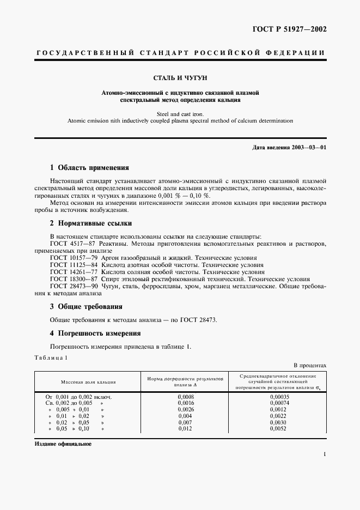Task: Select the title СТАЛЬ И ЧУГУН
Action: click(x=180, y=78)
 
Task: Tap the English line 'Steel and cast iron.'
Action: click(x=180, y=113)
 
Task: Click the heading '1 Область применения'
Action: click(x=89, y=168)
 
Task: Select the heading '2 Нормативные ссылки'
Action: click(x=90, y=223)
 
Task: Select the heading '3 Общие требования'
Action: click(x=86, y=307)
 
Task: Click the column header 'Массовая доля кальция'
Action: click(x=88, y=382)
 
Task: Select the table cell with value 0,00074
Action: click(x=279, y=404)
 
